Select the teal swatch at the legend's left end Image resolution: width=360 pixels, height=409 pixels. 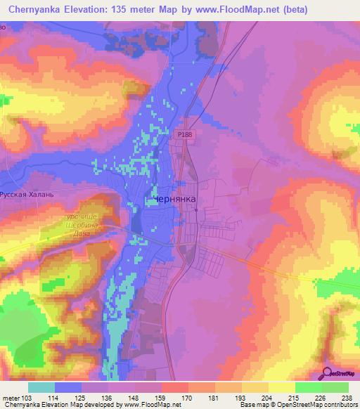tap(41, 387)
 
